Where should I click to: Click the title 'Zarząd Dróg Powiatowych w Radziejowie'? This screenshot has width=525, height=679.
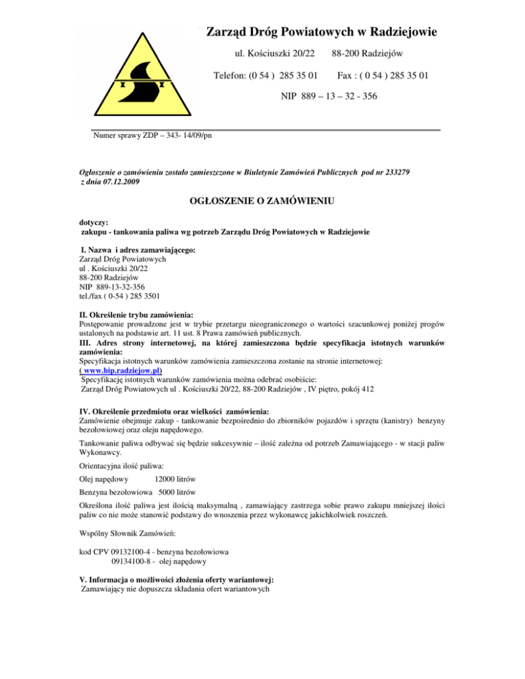click(x=322, y=31)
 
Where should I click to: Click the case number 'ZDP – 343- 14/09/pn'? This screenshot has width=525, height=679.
click(x=173, y=136)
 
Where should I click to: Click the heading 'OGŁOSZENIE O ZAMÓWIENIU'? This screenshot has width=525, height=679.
click(x=262, y=202)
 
